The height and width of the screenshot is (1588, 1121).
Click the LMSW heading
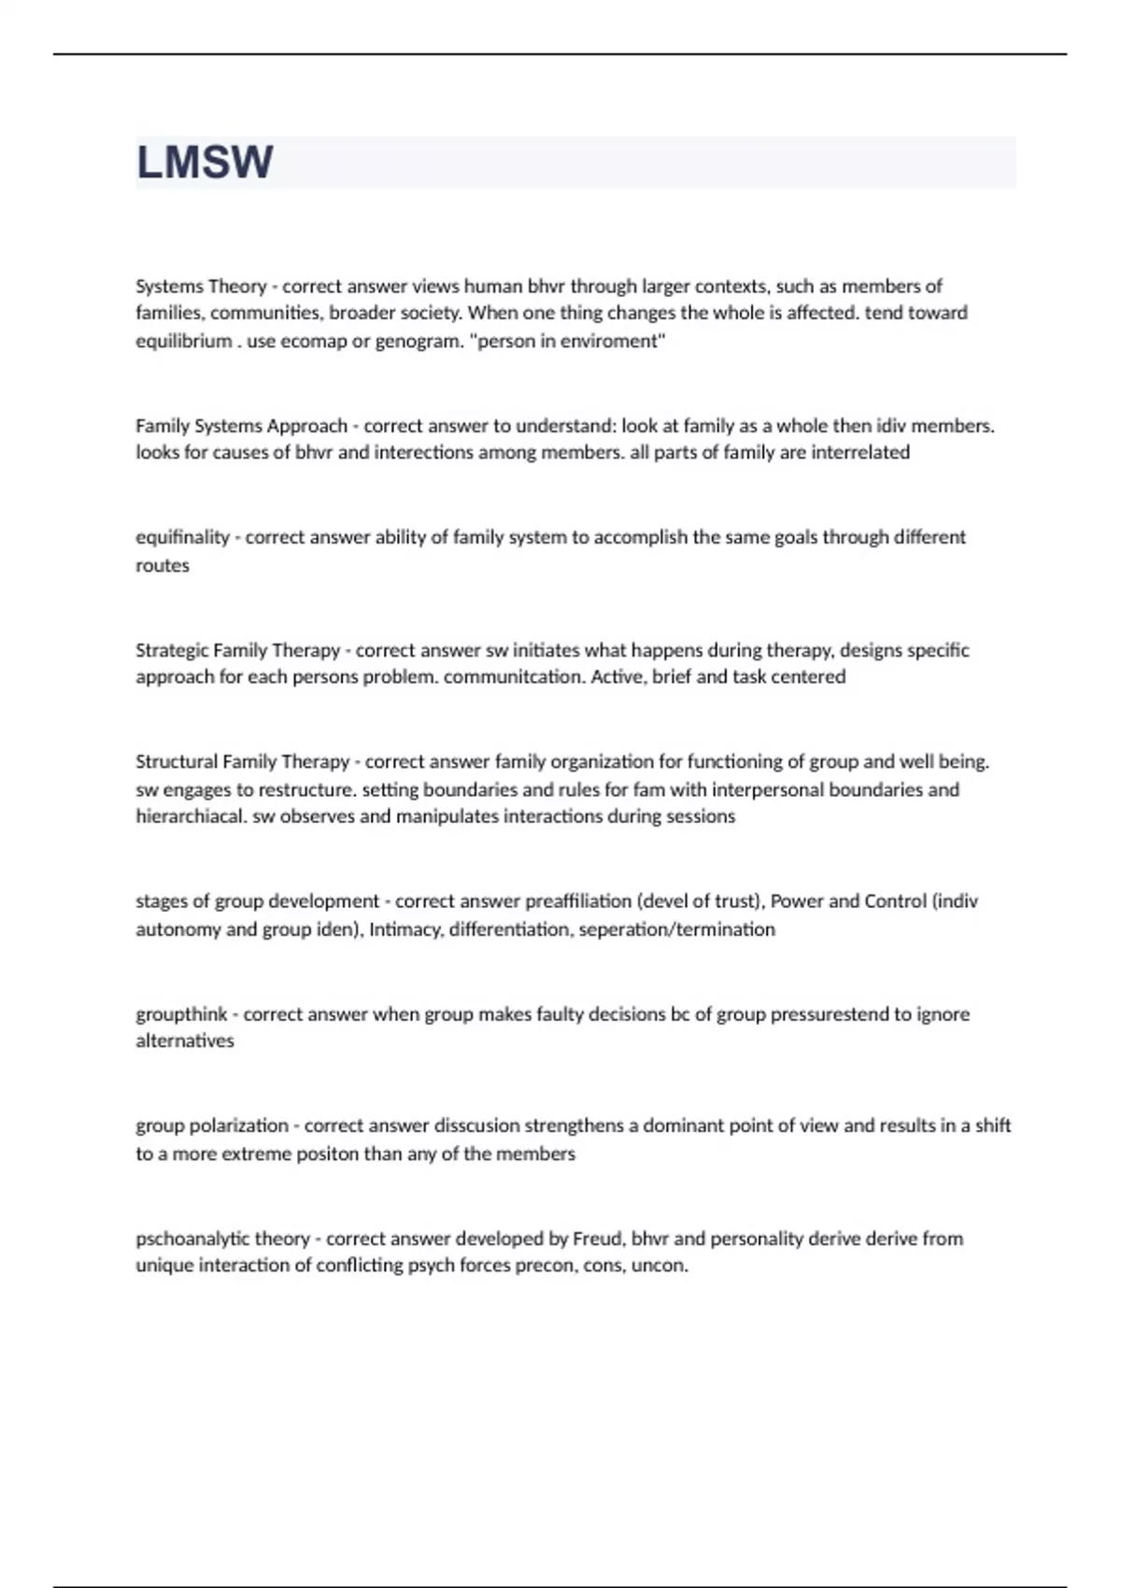205,163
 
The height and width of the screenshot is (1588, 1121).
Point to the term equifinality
182,537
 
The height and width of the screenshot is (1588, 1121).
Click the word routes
163,565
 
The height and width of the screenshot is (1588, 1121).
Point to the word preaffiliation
578,901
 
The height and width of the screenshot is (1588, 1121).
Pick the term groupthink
181,1014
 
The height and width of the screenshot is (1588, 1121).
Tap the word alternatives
185,1041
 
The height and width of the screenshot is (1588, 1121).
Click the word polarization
238,1126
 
